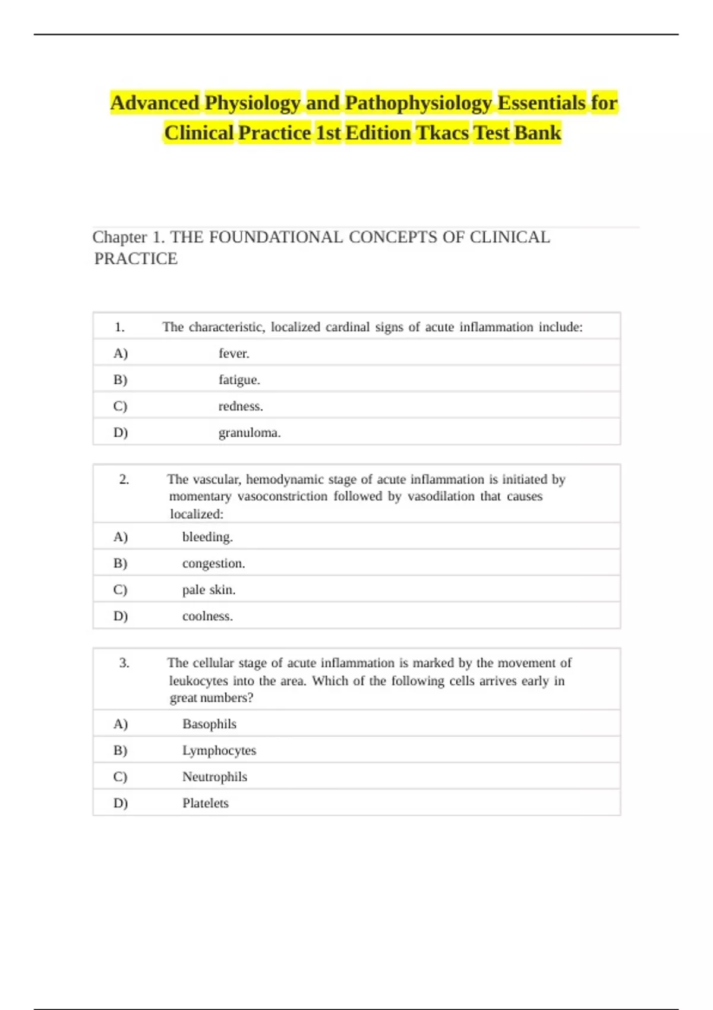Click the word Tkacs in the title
click(x=442, y=132)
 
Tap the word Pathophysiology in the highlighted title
click(x=418, y=103)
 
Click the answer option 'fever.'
click(x=234, y=353)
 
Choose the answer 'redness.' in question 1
click(x=241, y=406)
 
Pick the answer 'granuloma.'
click(x=250, y=433)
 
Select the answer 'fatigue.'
click(x=239, y=380)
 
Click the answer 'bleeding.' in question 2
click(x=207, y=537)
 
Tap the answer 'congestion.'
click(x=213, y=563)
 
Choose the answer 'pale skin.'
click(x=209, y=590)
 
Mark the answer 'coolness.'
click(x=207, y=616)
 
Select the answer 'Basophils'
click(x=209, y=724)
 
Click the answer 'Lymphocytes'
click(x=219, y=750)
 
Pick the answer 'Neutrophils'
click(x=214, y=777)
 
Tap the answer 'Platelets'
click(x=205, y=803)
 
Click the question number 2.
click(x=124, y=479)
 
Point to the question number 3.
click(x=124, y=663)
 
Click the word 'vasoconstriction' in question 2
click(x=282, y=497)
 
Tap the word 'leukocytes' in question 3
click(x=198, y=681)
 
